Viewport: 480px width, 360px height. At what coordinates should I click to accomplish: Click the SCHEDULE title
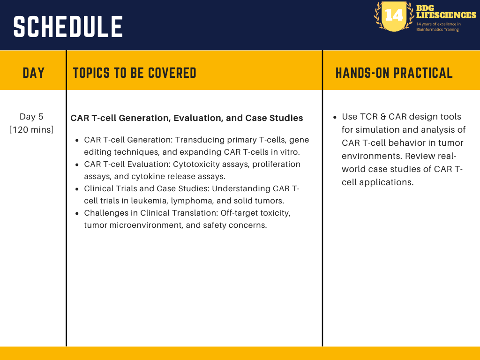(x=68, y=27)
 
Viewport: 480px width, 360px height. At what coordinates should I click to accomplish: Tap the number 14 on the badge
(x=394, y=15)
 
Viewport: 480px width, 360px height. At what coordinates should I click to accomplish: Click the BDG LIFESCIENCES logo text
(x=446, y=12)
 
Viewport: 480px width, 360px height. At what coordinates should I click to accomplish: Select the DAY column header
(x=33, y=73)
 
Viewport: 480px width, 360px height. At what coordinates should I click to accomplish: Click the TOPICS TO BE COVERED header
(x=135, y=73)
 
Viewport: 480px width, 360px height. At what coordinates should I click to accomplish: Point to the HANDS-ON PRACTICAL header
(x=394, y=73)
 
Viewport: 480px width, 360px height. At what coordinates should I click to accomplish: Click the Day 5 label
(x=31, y=117)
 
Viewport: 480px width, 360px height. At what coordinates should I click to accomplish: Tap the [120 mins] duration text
(x=31, y=130)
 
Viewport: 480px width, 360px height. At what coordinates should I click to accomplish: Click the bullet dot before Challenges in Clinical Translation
(x=77, y=213)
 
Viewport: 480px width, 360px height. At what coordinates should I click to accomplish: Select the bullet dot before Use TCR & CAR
(x=335, y=117)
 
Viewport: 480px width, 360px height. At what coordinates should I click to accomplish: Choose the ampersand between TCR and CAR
(x=383, y=117)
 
